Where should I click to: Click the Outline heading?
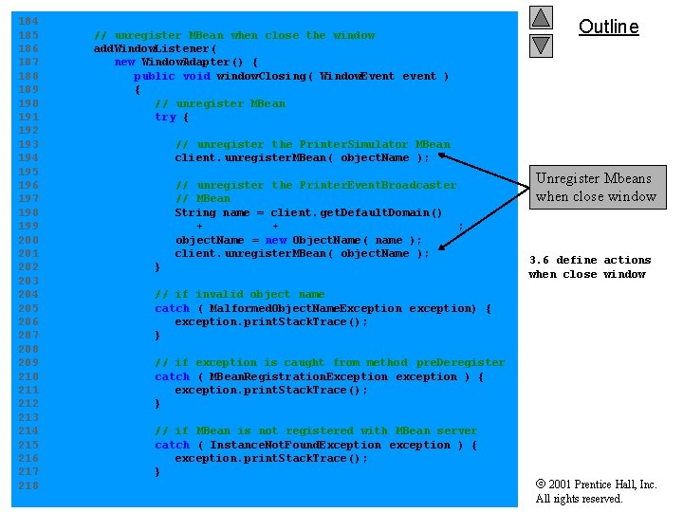point(608,27)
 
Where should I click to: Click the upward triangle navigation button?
point(541,17)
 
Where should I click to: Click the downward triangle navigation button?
point(541,44)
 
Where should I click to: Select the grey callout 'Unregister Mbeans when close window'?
point(596,187)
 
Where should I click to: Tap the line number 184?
point(28,21)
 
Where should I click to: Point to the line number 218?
point(28,485)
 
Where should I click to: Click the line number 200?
point(28,240)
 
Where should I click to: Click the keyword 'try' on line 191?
point(165,118)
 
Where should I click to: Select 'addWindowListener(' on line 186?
point(155,48)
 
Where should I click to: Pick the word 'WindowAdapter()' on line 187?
point(193,63)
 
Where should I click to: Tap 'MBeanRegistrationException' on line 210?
point(298,376)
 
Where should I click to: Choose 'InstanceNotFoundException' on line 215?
point(295,445)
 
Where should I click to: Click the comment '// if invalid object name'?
point(239,295)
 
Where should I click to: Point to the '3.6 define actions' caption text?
point(590,260)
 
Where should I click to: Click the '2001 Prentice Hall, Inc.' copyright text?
point(602,485)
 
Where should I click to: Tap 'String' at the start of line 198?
point(195,212)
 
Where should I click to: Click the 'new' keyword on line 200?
point(275,240)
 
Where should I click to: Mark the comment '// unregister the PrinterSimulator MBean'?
point(312,145)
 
